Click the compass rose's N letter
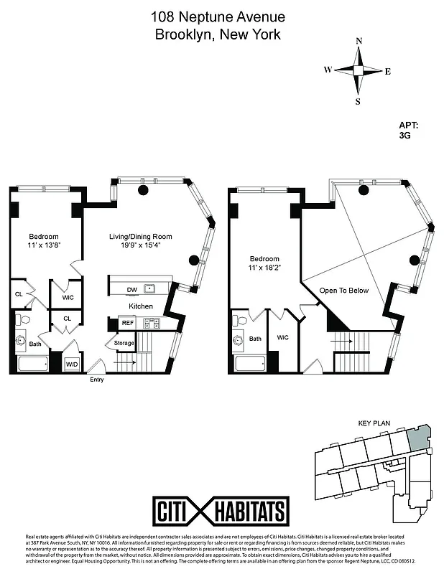tap(358, 41)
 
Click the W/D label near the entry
tap(72, 364)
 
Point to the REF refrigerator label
tap(128, 323)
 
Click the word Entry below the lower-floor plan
tap(96, 380)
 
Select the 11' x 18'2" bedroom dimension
tap(264, 269)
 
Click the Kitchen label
tap(141, 306)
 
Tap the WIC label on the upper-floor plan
tap(282, 337)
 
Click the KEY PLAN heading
tap(373, 424)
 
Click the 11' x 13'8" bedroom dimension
tap(43, 246)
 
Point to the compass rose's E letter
tap(388, 71)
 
